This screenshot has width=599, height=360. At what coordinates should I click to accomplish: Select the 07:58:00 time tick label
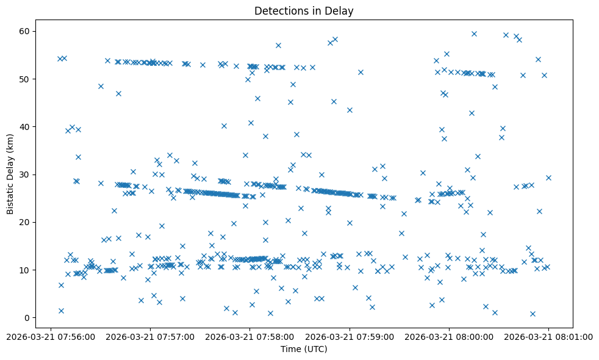pos(250,336)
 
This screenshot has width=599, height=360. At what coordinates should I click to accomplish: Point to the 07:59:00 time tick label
pos(350,336)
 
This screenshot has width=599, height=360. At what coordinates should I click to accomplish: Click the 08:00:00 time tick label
pos(450,336)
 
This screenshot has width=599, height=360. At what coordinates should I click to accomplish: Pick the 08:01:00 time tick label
pos(549,336)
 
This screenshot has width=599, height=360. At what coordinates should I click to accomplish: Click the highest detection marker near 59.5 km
pos(474,34)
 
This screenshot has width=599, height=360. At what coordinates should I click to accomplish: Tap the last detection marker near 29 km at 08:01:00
pos(548,178)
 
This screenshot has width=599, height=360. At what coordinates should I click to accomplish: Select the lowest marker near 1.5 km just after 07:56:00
pos(61,311)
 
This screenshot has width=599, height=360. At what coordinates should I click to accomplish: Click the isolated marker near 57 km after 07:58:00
pos(278,45)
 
